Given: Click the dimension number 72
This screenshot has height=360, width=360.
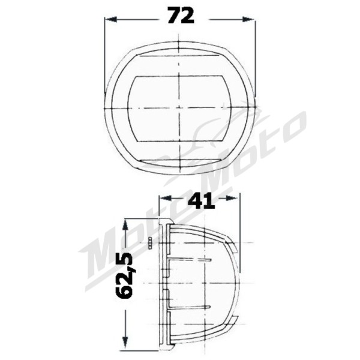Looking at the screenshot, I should point(181,16).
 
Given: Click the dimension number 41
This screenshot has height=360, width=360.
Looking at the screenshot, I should point(200,200).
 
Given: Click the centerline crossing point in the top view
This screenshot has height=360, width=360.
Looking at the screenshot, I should point(179,109).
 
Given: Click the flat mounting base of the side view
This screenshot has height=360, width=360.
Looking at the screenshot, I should point(164,285).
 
